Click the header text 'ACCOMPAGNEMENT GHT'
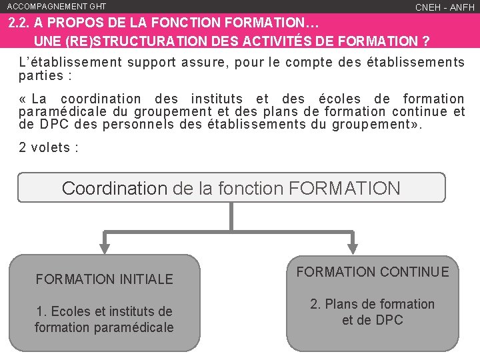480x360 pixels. pyautogui.click(x=57, y=6)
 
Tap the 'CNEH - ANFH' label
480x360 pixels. pyautogui.click(x=445, y=7)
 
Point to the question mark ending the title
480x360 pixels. pyautogui.click(x=425, y=41)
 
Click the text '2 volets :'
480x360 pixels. pyautogui.click(x=49, y=147)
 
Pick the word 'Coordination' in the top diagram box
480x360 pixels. pyautogui.click(x=114, y=188)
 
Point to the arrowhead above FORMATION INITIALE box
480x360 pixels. pyautogui.click(x=105, y=245)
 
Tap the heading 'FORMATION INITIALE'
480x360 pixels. pyautogui.click(x=104, y=279)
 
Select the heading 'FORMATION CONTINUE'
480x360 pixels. pyautogui.click(x=373, y=271)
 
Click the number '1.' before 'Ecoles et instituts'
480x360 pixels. pyautogui.click(x=42, y=311)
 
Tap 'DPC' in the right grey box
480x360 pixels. pyautogui.click(x=390, y=320)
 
